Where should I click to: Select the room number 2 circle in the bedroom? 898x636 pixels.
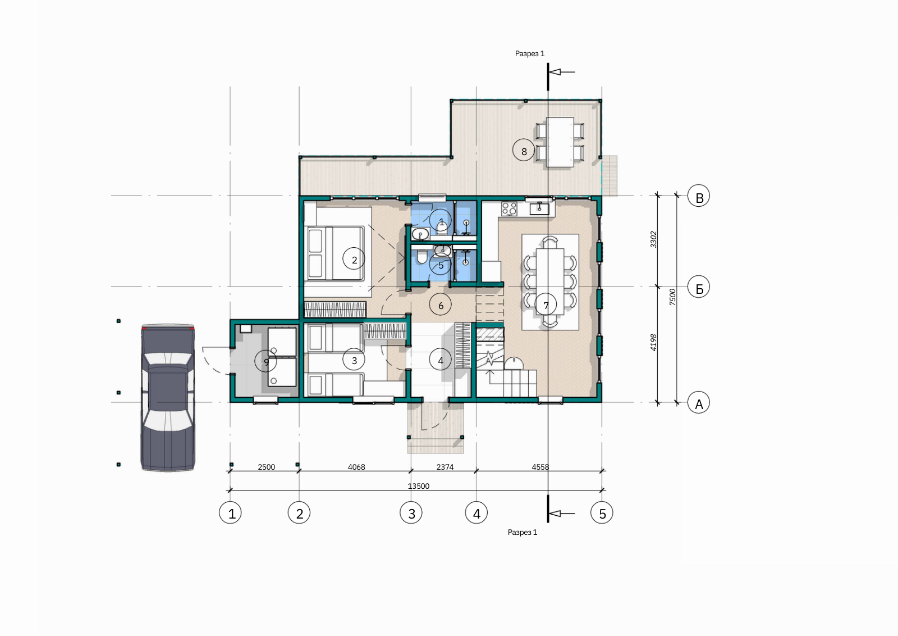pos(354,259)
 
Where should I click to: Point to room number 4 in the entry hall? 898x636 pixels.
pos(440,360)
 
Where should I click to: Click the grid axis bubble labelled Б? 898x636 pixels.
pos(699,287)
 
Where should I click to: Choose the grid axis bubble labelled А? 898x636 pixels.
pos(699,402)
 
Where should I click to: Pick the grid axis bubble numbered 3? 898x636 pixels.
pos(411,513)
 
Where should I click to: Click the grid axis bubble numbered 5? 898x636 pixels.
pos(602,513)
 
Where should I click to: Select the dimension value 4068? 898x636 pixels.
pos(356,467)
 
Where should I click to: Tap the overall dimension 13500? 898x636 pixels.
pos(419,486)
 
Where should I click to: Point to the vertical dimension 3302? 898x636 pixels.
pos(653,239)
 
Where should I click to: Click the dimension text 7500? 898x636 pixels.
pos(673,297)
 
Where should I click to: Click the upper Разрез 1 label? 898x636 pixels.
pos(530,54)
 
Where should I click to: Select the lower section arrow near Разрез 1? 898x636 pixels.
pos(561,513)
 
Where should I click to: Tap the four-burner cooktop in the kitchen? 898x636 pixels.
pos(509,208)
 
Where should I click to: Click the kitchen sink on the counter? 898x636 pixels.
pos(539,208)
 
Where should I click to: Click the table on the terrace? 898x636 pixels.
pos(560,142)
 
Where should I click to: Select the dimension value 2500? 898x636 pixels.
pos(266,467)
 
